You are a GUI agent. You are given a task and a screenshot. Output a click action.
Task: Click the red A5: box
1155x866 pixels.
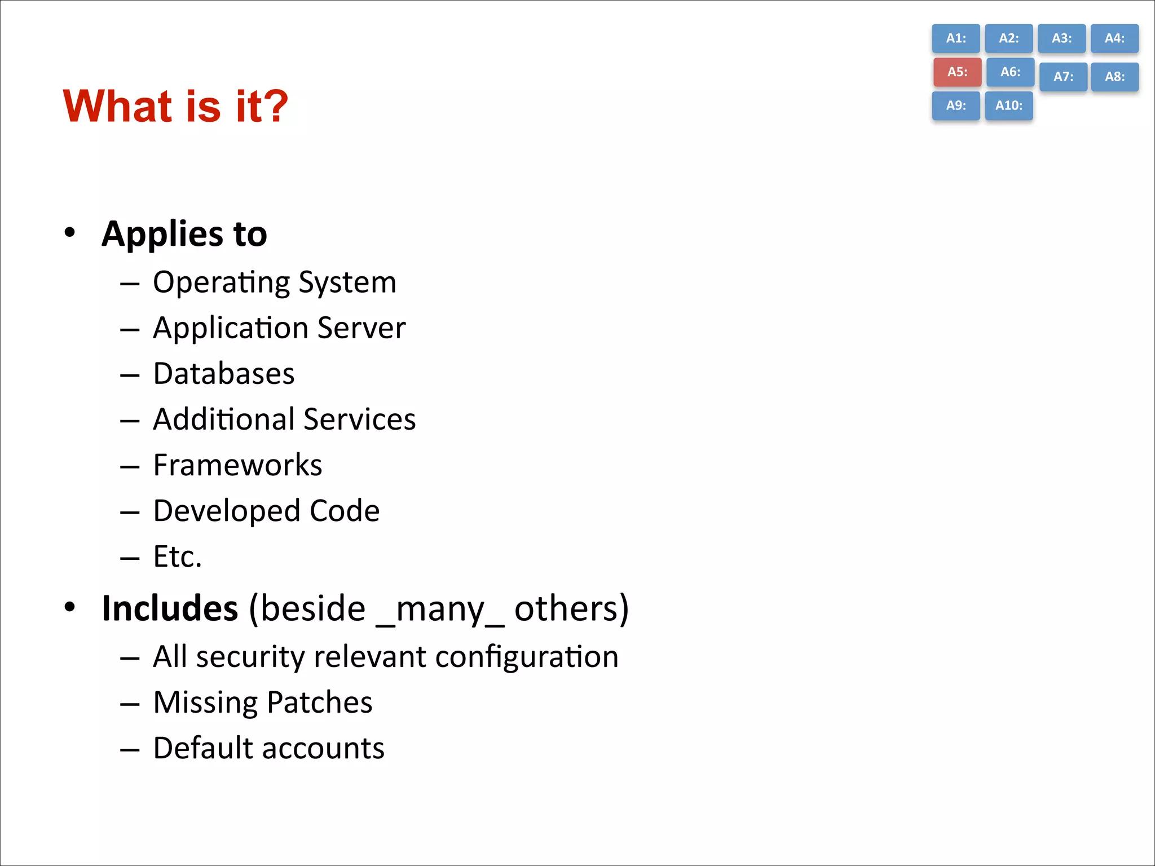tap(957, 72)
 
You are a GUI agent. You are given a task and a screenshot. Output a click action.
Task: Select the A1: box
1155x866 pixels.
tap(956, 38)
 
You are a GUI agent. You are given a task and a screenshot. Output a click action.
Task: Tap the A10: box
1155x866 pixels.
tap(1009, 105)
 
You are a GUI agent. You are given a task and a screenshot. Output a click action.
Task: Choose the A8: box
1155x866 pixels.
tap(1114, 77)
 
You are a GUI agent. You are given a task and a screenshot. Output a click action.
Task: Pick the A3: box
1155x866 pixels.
tap(1061, 38)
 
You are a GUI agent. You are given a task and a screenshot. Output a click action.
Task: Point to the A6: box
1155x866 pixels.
tap(1010, 72)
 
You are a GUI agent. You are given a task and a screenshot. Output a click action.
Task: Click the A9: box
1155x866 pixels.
tap(956, 105)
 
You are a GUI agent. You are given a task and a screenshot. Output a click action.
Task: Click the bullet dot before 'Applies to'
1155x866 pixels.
tap(69, 232)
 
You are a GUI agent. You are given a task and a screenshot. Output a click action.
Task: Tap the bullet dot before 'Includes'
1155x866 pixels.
tap(69, 607)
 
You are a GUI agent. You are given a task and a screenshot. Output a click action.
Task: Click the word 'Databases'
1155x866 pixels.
tap(224, 373)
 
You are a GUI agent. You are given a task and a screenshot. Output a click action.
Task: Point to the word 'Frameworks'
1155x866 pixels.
tap(237, 465)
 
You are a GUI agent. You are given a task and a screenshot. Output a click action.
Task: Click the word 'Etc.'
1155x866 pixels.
tap(177, 556)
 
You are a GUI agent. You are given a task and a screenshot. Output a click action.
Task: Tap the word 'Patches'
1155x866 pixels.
tap(319, 702)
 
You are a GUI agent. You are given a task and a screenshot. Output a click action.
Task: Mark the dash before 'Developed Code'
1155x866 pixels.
tap(130, 512)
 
